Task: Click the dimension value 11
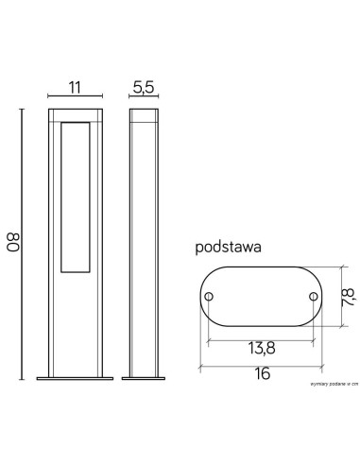coord(75,87)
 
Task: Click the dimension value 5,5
coord(143,87)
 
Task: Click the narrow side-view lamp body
coord(143,236)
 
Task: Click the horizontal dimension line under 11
coord(75,96)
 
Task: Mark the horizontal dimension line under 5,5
coord(143,96)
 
